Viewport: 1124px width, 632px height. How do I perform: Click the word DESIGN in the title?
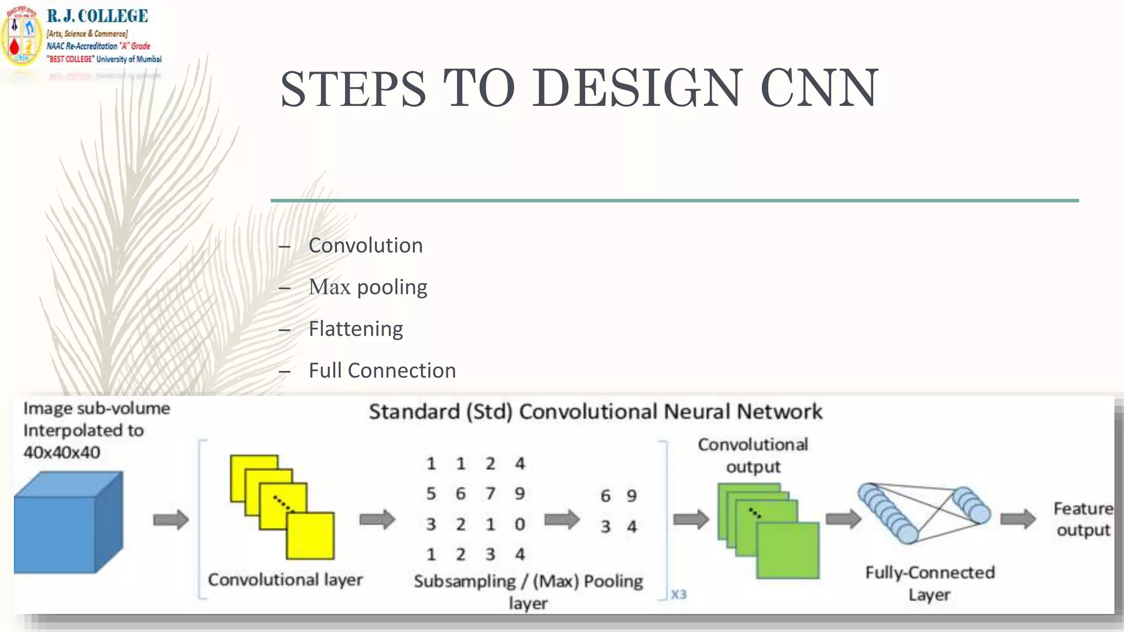637,88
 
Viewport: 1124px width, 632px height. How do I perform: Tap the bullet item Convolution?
366,245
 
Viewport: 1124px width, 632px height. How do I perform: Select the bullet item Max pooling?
368,287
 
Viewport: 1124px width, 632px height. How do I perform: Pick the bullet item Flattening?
356,329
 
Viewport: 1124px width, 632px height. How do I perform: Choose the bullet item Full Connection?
382,370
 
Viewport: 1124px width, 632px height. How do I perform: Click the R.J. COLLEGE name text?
98,16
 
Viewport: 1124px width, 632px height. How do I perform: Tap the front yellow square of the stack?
311,536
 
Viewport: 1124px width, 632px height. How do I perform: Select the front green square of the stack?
788,550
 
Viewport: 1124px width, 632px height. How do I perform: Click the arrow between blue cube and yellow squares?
171,520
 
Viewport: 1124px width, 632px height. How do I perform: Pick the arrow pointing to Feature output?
1018,519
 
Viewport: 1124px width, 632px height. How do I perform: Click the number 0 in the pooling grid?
520,524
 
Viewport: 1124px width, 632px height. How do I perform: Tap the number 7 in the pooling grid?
490,494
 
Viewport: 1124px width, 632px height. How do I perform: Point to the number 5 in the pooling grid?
431,494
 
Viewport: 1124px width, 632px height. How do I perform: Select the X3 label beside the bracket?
679,595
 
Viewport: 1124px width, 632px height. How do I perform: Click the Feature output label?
1083,519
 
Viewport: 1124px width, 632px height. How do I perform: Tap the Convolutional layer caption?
285,580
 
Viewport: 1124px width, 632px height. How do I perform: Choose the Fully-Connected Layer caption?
930,583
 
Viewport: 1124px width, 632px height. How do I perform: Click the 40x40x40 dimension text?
62,453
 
